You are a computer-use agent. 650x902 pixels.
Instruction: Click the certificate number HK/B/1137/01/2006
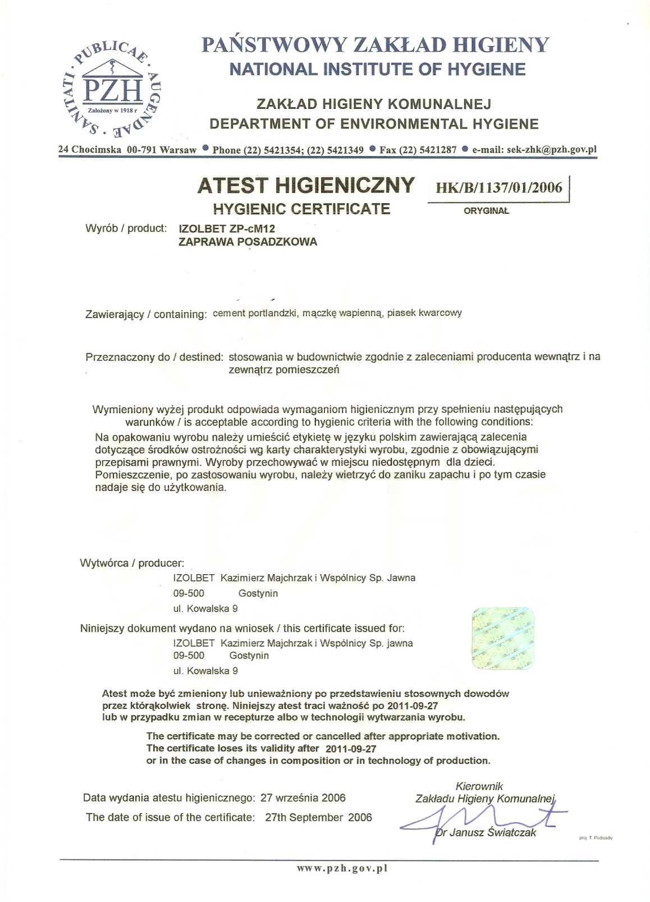(x=498, y=187)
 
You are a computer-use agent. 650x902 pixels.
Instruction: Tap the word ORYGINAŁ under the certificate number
(x=486, y=211)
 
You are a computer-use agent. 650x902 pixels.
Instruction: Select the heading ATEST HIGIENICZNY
(x=306, y=185)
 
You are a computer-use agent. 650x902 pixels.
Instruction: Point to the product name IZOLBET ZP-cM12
(x=227, y=228)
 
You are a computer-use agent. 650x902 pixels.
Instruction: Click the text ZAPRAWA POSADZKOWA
(x=248, y=242)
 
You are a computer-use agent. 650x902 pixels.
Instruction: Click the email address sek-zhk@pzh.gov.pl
(x=534, y=149)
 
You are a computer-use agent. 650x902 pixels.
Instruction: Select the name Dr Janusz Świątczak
(x=486, y=832)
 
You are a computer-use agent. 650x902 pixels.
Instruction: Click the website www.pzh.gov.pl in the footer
(x=342, y=868)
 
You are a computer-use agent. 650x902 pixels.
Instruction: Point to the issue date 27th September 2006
(x=318, y=817)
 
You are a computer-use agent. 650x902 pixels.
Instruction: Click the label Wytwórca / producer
(x=132, y=563)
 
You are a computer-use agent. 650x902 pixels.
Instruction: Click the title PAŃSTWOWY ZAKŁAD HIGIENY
(x=375, y=44)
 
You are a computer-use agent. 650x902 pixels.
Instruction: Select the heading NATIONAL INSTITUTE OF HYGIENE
(x=378, y=70)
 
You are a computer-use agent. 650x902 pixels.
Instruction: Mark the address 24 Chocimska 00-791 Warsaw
(x=127, y=150)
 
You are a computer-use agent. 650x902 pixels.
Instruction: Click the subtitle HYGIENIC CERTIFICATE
(x=301, y=209)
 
